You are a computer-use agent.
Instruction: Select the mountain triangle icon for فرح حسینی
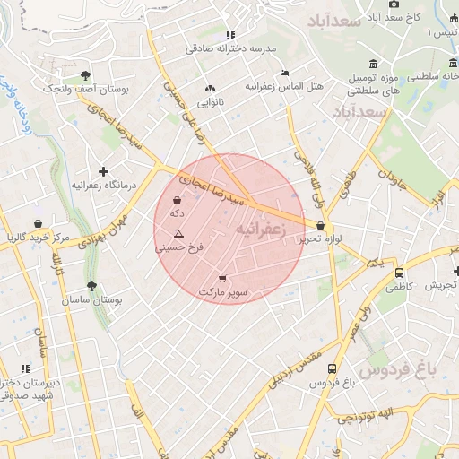coord(179,233)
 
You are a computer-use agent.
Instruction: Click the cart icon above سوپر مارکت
coord(222,279)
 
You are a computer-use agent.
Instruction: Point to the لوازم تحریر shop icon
coord(321,226)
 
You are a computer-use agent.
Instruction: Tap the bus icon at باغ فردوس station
coord(333,368)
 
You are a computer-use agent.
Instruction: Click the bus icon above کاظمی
coord(399,273)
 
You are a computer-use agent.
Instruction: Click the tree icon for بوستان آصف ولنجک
coord(85,76)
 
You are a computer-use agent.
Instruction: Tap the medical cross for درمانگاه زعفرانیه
coord(104,171)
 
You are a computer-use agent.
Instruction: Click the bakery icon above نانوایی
coord(211,89)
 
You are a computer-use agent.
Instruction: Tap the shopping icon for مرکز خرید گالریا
coord(38,223)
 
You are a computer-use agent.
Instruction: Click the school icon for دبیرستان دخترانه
coord(26,368)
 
